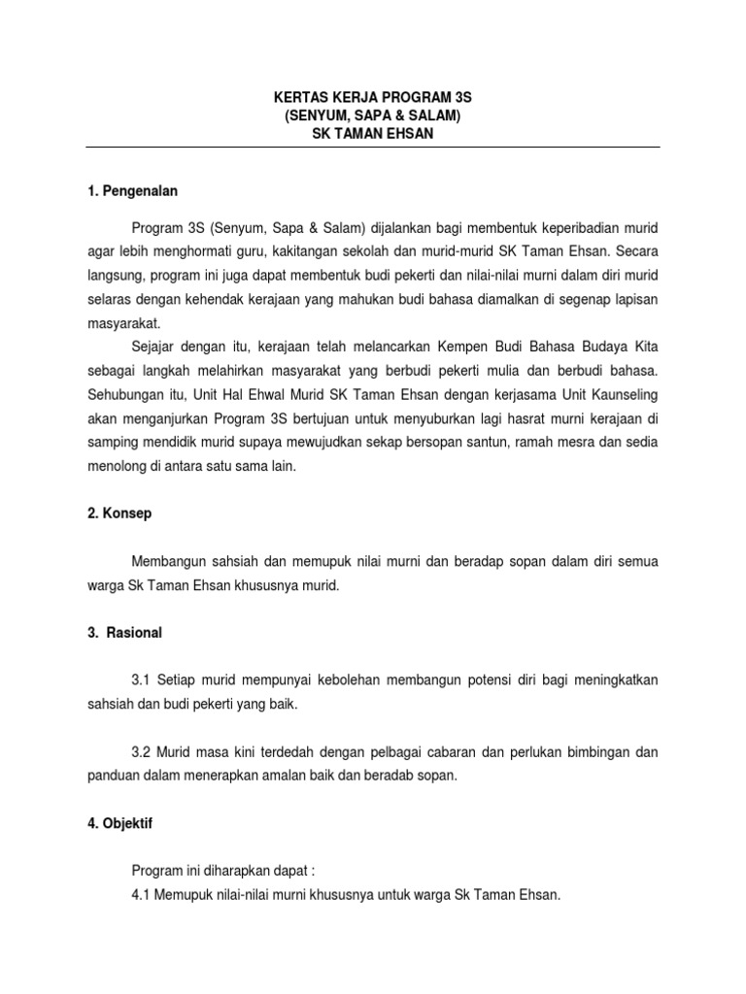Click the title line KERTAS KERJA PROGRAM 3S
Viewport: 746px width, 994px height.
pyautogui.click(x=373, y=99)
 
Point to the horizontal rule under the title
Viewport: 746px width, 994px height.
pyautogui.click(x=373, y=147)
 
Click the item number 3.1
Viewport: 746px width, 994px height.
pyautogui.click(x=142, y=680)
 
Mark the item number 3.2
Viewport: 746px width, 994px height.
pyautogui.click(x=142, y=752)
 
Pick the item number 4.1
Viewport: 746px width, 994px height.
pyautogui.click(x=142, y=894)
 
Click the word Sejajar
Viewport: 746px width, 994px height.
pyautogui.click(x=154, y=347)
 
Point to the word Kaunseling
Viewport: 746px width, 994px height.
pyautogui.click(x=623, y=394)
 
